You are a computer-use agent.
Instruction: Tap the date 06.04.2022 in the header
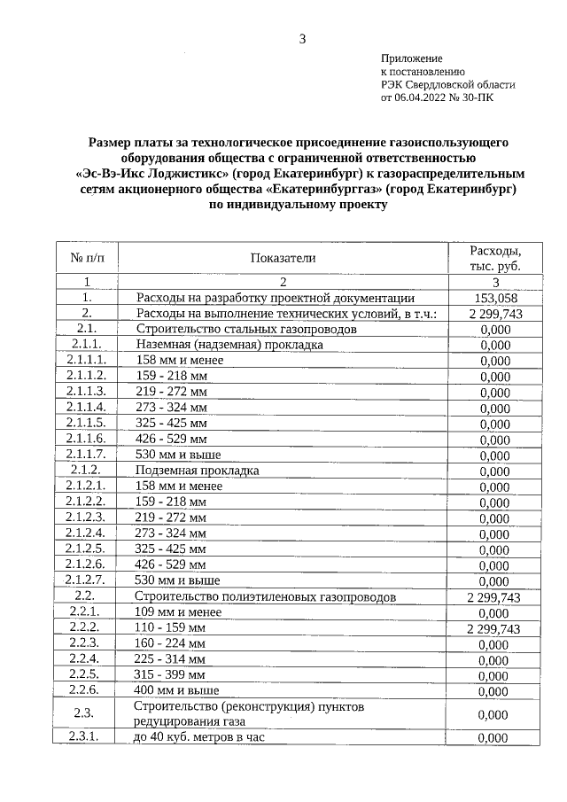pyautogui.click(x=424, y=98)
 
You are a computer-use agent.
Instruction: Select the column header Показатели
pyautogui.click(x=283, y=258)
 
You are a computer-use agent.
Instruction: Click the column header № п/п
pyautogui.click(x=87, y=258)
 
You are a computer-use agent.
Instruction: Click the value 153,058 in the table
pyautogui.click(x=494, y=299)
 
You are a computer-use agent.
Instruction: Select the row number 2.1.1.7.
pyautogui.click(x=87, y=455)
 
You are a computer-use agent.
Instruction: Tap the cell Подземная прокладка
pyautogui.click(x=197, y=471)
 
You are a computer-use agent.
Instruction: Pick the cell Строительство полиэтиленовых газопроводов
pyautogui.click(x=265, y=596)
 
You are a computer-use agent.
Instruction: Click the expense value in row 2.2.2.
pyautogui.click(x=494, y=628)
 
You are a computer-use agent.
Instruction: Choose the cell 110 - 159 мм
pyautogui.click(x=170, y=627)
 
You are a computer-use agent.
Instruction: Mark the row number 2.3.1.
pyautogui.click(x=87, y=737)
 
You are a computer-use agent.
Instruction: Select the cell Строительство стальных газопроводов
pyautogui.click(x=234, y=329)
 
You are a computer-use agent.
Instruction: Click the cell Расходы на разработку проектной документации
pyautogui.click(x=275, y=299)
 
